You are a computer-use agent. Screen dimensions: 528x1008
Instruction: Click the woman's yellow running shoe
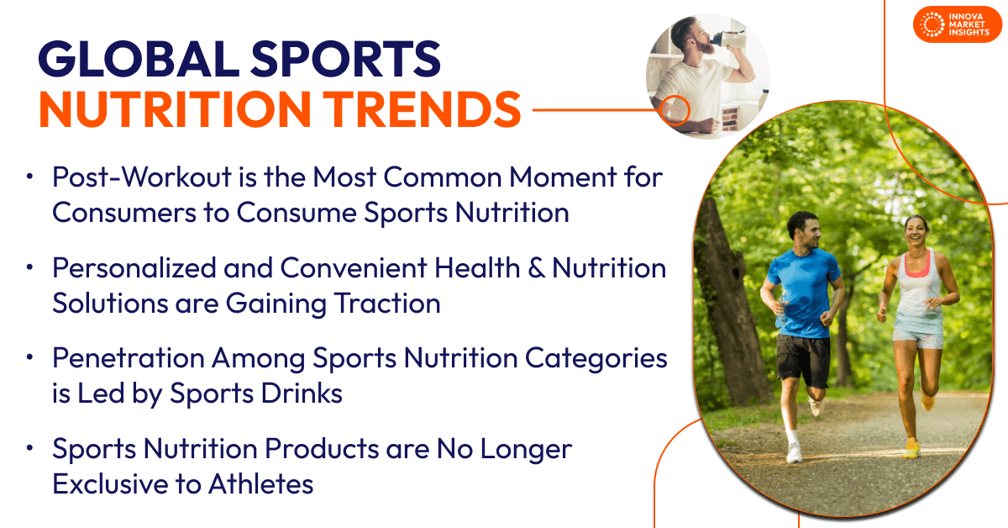pyautogui.click(x=911, y=448)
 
